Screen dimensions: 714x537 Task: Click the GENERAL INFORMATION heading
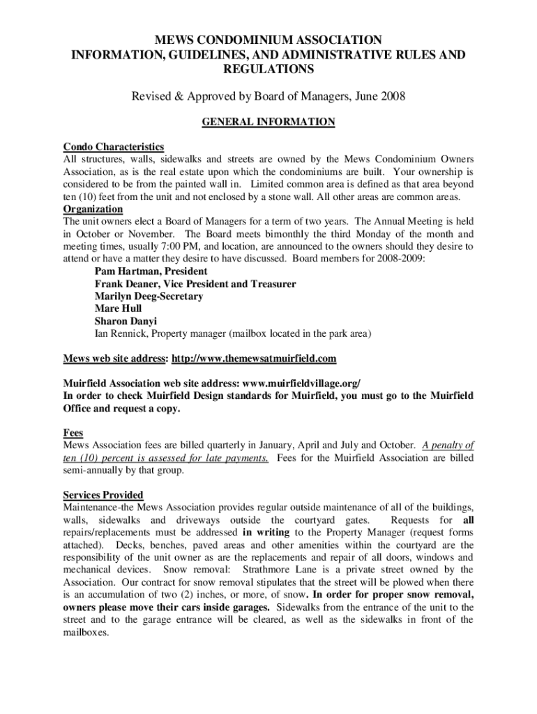tap(268, 122)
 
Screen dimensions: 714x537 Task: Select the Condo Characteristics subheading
tap(114, 146)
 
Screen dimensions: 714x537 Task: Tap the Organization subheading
tap(93, 209)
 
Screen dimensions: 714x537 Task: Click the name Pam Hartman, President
tap(151, 271)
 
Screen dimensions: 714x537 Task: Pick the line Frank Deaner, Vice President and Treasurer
tap(195, 284)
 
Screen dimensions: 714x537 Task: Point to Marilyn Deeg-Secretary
tap(149, 296)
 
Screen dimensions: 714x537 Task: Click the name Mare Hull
tap(118, 309)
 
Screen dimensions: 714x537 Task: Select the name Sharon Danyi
tap(126, 321)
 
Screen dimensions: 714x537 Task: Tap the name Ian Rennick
tap(121, 334)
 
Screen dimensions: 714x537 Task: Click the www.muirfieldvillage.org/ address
tap(301, 384)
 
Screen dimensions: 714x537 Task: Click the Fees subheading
tap(73, 433)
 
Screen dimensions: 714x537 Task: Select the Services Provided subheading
tap(103, 495)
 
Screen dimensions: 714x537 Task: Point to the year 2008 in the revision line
tap(392, 96)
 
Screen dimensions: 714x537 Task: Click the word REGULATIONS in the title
tap(268, 69)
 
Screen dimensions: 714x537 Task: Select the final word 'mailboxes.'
tap(86, 632)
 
